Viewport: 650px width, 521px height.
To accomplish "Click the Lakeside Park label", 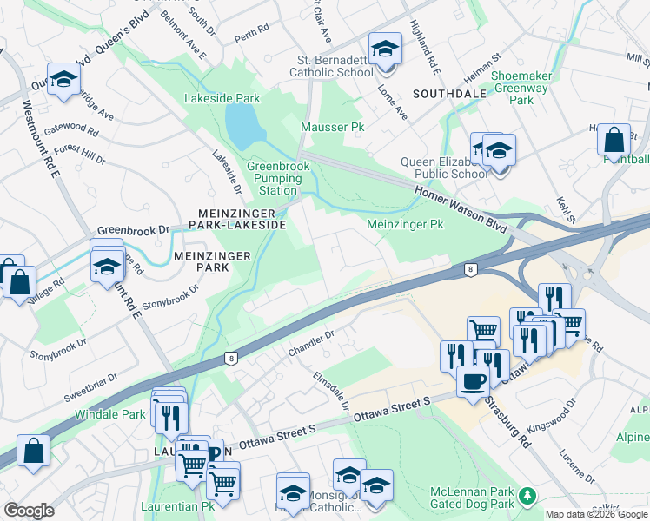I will tap(222, 98).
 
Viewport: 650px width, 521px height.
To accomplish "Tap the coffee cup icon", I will tap(473, 379).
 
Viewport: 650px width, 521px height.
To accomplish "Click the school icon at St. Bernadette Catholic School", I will tap(384, 49).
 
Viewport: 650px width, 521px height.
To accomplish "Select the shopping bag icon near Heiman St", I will tap(614, 140).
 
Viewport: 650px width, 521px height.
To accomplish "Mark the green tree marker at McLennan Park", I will tap(526, 498).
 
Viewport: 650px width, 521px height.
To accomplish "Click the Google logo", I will tap(29, 511).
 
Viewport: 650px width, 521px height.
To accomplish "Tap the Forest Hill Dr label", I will tap(81, 155).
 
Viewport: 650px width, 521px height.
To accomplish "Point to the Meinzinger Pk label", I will tap(405, 224).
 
